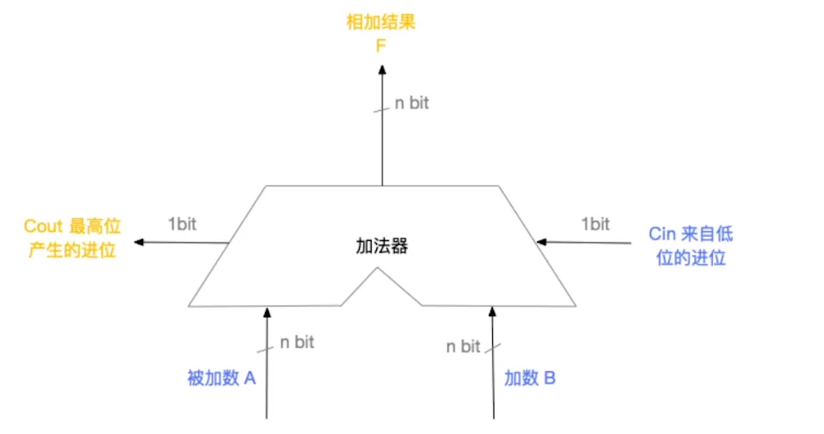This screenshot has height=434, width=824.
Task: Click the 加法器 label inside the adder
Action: click(x=381, y=248)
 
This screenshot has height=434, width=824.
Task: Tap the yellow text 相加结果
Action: click(x=381, y=22)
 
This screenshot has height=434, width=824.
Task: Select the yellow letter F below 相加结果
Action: click(x=381, y=45)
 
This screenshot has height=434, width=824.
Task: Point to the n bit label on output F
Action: click(x=411, y=103)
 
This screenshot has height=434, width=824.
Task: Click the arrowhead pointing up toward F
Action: click(x=382, y=70)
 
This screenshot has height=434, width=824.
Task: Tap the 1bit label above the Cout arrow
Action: click(x=183, y=224)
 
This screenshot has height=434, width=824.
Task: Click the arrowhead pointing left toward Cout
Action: click(x=139, y=243)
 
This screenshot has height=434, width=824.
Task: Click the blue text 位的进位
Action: click(x=691, y=258)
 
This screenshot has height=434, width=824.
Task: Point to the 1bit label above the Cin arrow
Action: click(x=595, y=224)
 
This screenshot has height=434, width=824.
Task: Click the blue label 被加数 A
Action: click(x=222, y=378)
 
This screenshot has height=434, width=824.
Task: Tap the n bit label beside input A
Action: click(x=297, y=342)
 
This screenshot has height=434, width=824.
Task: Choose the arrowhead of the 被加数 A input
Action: click(x=267, y=311)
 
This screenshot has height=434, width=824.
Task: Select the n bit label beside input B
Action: click(x=463, y=347)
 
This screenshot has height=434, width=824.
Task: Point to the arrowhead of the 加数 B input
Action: click(x=491, y=311)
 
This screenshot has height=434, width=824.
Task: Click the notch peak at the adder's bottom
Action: click(x=379, y=269)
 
